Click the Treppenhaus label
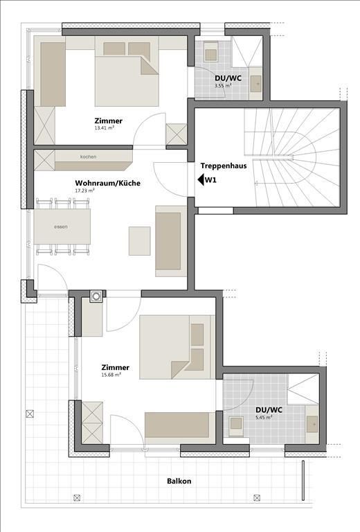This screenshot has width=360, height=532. click(224, 166)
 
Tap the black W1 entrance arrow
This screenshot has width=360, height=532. click(200, 180)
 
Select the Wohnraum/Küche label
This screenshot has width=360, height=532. click(107, 183)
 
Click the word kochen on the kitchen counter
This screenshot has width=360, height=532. click(88, 157)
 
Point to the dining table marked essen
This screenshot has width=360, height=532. click(62, 227)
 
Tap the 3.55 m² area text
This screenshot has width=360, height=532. click(223, 86)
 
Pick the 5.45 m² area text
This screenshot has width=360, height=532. click(264, 417)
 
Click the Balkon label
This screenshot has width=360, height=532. click(179, 481)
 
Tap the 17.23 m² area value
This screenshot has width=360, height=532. click(84, 190)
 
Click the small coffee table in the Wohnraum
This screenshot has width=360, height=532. click(140, 241)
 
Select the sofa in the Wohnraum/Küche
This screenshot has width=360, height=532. click(171, 241)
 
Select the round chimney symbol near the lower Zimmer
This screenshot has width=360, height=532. click(96, 296)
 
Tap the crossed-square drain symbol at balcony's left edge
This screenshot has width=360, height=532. click(30, 414)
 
